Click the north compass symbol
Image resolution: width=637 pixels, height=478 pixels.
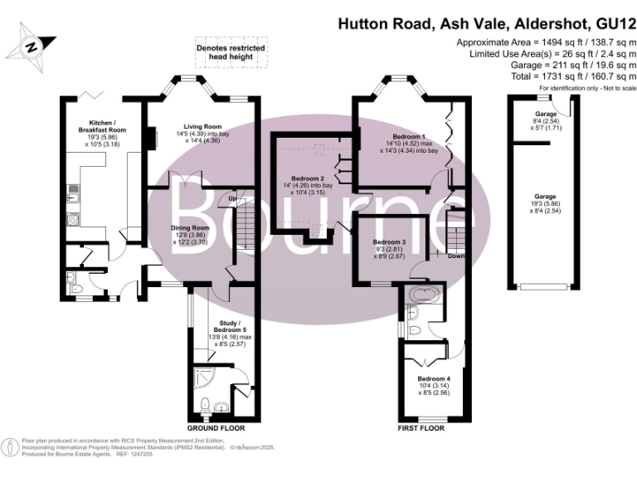click(x=31, y=46)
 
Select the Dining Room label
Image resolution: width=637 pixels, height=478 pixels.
click(x=190, y=228)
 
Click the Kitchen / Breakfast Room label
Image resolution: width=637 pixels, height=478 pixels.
click(x=102, y=126)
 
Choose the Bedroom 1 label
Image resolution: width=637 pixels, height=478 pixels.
click(x=409, y=136)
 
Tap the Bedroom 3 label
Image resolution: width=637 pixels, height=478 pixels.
click(x=389, y=242)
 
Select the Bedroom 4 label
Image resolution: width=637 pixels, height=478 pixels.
click(x=434, y=378)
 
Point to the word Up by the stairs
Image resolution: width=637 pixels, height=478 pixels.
click(x=232, y=198)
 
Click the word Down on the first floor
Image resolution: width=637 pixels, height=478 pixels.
click(x=456, y=256)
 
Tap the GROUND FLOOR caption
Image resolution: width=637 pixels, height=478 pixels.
click(x=216, y=428)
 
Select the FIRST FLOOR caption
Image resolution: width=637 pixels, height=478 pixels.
click(x=421, y=428)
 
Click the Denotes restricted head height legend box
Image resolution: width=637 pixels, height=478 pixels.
click(x=231, y=52)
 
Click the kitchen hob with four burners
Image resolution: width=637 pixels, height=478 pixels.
click(x=73, y=220)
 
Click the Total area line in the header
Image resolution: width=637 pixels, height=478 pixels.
click(x=574, y=76)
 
